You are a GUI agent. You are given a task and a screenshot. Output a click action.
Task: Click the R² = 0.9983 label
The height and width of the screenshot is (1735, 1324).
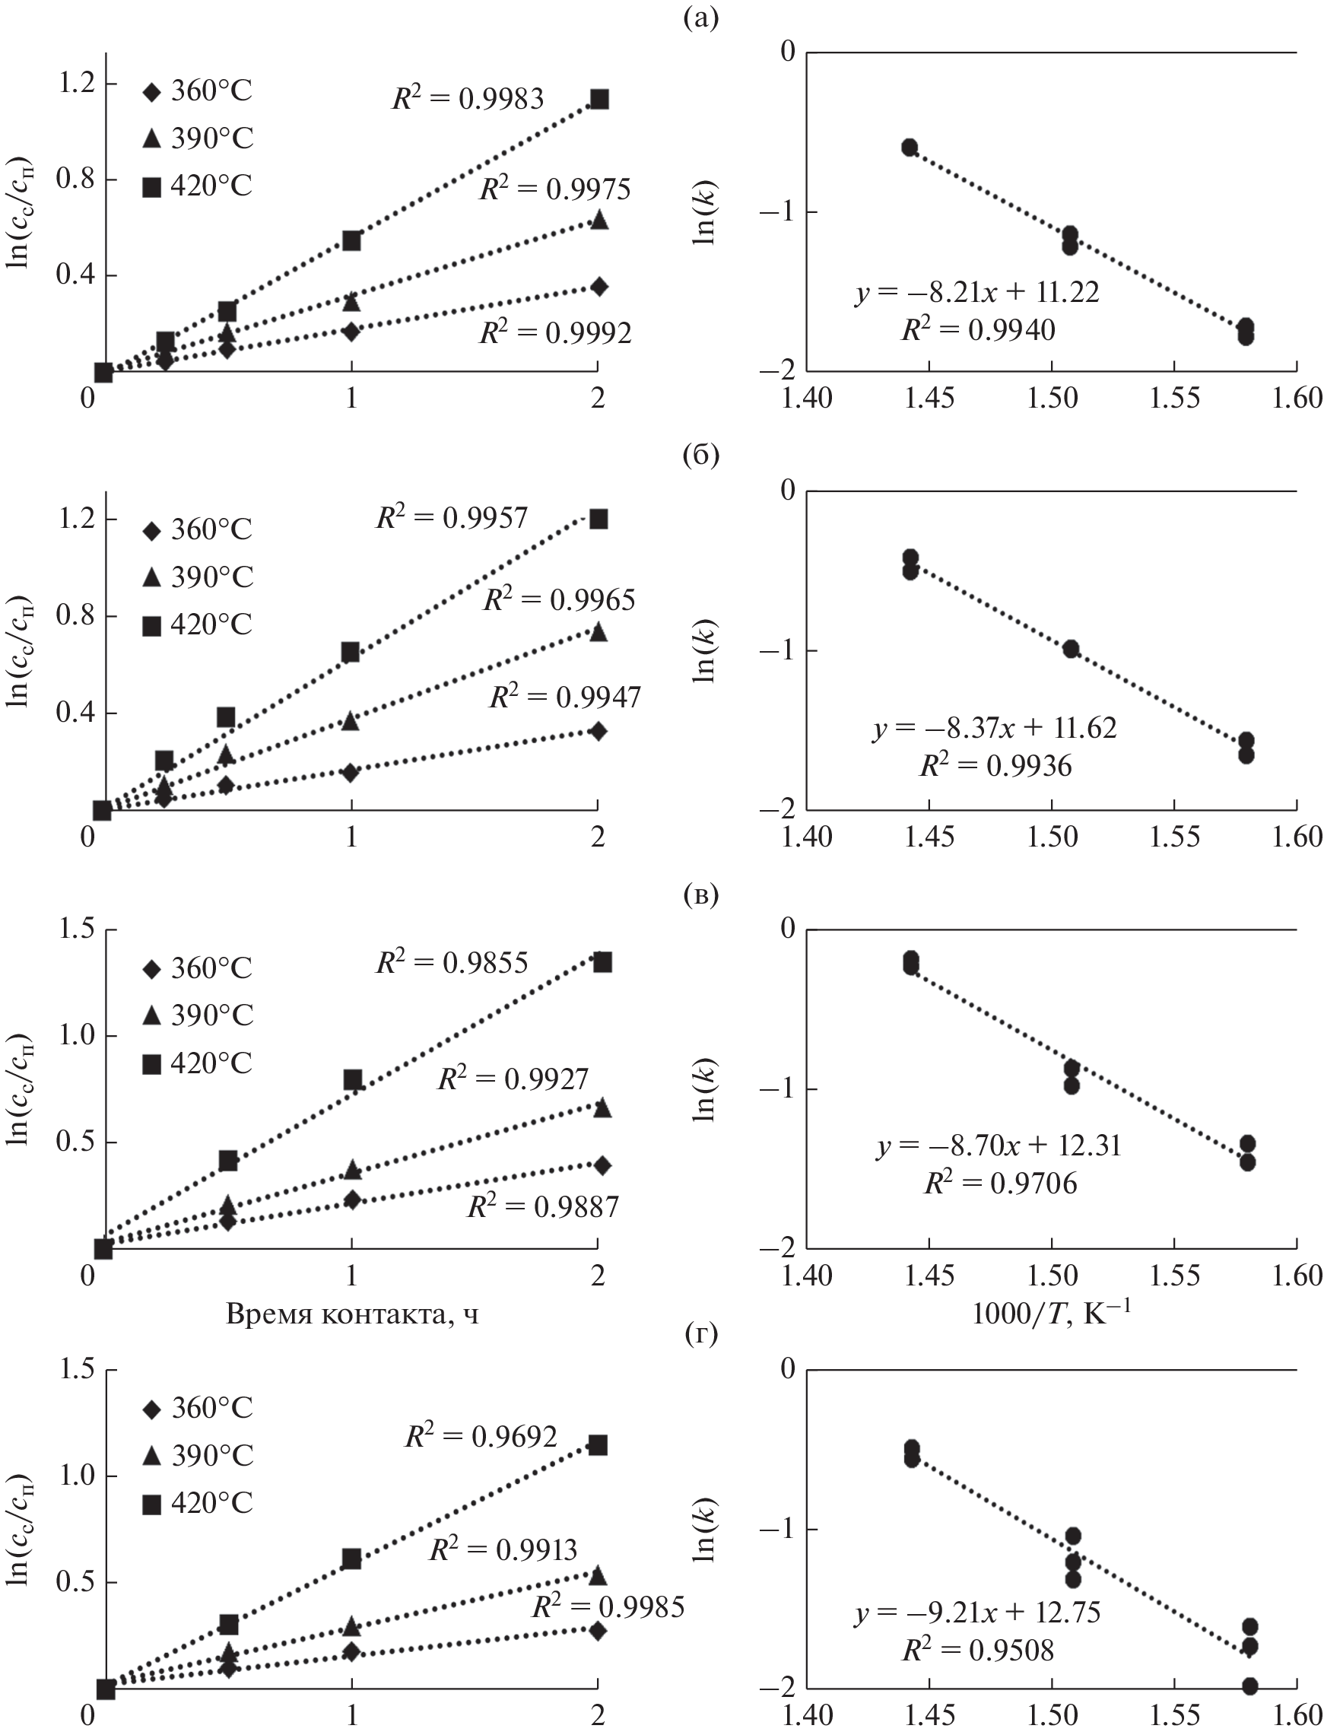click(468, 98)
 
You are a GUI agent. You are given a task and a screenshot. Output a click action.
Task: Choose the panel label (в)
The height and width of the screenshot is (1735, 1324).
click(700, 896)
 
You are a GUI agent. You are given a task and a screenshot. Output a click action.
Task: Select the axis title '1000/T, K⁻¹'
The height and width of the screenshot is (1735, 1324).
click(1051, 1314)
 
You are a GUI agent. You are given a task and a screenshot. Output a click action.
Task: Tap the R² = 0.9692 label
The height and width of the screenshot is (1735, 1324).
click(481, 1435)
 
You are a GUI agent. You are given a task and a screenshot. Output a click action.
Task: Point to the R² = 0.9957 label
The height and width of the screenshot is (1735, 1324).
click(452, 516)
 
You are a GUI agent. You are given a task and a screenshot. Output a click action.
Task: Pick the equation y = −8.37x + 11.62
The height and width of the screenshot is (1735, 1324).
click(995, 728)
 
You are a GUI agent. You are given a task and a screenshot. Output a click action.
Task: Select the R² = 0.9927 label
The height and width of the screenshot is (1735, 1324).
click(513, 1079)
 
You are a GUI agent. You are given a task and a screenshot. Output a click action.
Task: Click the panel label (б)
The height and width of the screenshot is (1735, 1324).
click(700, 456)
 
